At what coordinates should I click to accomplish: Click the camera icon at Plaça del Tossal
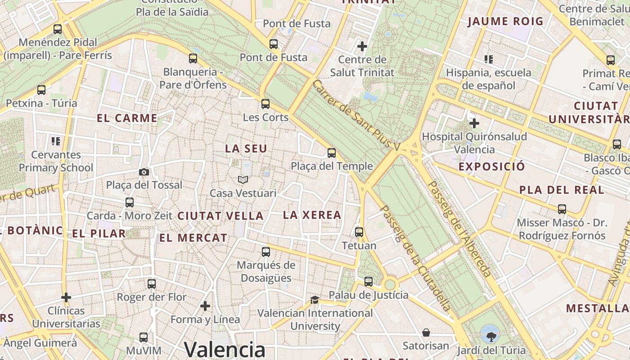click(144, 172)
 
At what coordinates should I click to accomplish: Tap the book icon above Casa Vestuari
click(243, 180)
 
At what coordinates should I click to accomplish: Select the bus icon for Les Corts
click(265, 104)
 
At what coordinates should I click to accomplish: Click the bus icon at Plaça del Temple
click(332, 153)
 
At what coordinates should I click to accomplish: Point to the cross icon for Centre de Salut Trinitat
click(362, 46)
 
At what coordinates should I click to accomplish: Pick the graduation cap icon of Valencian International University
click(315, 300)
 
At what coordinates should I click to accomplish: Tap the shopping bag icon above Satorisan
click(426, 333)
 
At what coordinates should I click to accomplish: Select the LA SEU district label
click(246, 148)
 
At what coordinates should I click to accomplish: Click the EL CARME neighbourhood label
click(127, 118)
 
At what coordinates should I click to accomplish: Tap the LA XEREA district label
click(312, 215)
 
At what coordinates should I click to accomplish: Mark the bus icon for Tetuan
click(359, 232)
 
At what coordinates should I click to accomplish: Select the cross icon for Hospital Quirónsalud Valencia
click(474, 123)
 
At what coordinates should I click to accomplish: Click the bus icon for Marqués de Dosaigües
click(266, 252)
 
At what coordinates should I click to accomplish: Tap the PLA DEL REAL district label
click(562, 190)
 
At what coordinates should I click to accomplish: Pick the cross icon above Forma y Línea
click(205, 306)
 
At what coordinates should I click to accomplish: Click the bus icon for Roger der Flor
click(152, 284)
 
